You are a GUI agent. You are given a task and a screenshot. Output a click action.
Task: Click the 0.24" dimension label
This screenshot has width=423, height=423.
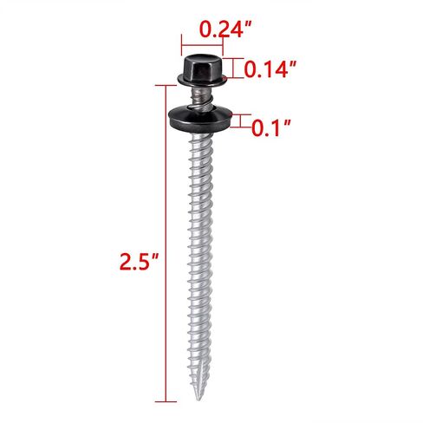[226, 29]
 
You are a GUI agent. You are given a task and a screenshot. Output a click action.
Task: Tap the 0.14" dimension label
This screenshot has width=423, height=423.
[270, 69]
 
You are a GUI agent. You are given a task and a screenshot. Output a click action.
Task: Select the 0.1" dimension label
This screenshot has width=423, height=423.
[271, 127]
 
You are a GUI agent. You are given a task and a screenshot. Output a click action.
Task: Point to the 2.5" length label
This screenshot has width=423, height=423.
[140, 262]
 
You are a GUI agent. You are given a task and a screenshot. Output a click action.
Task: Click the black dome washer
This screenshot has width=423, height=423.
[201, 120]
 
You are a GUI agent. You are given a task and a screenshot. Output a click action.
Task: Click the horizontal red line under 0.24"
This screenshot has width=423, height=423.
[202, 45]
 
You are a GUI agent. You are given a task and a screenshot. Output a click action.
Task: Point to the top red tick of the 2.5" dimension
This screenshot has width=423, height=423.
[166, 85]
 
